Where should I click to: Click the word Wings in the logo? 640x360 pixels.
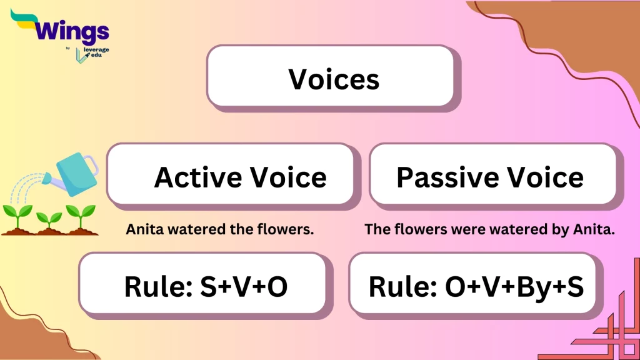[x=72, y=31]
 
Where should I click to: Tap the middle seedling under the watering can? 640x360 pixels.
[x=49, y=219]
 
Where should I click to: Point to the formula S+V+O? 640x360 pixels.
[x=244, y=286]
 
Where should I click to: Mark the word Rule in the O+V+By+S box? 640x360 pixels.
[x=401, y=286]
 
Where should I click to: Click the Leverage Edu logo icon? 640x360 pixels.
[x=80, y=55]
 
